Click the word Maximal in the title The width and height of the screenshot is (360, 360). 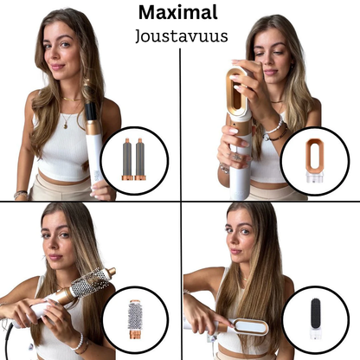[x=179, y=13]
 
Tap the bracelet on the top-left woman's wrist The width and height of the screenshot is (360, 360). [x=22, y=194]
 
